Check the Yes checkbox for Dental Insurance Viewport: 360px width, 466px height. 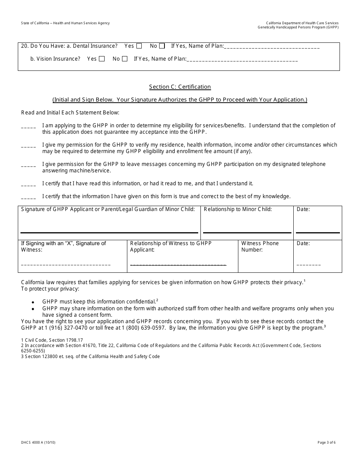coord(139,46)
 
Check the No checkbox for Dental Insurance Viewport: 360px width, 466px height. coord(162,46)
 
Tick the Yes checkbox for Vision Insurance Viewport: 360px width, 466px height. coord(102,59)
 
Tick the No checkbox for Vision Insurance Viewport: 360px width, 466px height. coord(125,59)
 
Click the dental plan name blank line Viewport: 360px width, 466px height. coord(272,47)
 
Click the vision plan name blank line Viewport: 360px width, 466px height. coord(243,60)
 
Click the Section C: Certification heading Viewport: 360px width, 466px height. coord(180,87)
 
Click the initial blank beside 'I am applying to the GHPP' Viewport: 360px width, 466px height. coord(28,127)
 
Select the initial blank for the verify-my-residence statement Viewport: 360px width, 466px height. coord(28,147)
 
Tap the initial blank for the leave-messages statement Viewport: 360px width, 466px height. coord(28,166)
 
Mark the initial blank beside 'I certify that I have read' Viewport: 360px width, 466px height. coord(28,185)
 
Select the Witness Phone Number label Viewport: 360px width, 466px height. coord(260,246)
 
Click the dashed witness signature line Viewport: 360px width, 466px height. coord(66,265)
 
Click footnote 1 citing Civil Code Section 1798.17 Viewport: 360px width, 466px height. coord(52,340)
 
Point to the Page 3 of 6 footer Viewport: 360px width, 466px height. coord(326,442)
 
